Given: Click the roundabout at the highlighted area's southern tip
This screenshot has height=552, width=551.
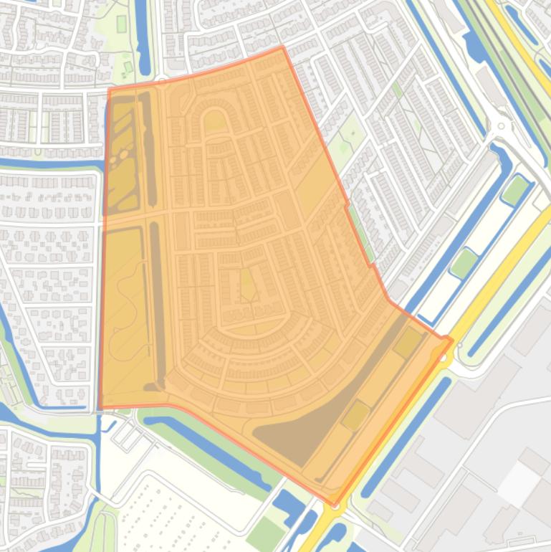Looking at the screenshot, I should (334, 506).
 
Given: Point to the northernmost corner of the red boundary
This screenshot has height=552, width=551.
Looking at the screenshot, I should (282, 47).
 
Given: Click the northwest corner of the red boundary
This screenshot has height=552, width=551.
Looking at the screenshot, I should (109, 90).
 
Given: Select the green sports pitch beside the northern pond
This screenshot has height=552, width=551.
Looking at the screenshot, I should (120, 24).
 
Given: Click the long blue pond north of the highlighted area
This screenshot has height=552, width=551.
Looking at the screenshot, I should (143, 36).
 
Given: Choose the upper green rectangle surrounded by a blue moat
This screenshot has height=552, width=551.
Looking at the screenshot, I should (515, 190).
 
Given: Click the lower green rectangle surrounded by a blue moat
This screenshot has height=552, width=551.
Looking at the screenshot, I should (464, 263).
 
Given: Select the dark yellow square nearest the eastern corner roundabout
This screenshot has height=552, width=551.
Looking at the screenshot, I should (408, 343).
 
